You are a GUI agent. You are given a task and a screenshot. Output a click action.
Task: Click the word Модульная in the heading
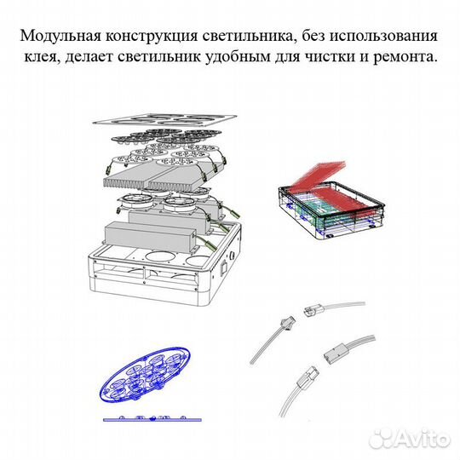(60, 36)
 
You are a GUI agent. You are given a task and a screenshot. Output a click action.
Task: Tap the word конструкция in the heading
(151, 37)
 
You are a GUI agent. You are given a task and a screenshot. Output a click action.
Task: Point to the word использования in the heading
(383, 36)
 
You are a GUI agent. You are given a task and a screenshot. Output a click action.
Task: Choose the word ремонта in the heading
(404, 57)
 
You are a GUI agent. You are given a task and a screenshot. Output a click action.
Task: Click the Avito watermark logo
(410, 439)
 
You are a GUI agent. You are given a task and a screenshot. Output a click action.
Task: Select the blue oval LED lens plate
(145, 374)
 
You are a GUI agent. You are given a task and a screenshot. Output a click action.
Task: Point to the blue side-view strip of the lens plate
(152, 419)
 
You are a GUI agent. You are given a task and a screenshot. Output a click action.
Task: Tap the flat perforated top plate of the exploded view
(164, 120)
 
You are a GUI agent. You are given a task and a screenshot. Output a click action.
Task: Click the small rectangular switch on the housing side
(224, 267)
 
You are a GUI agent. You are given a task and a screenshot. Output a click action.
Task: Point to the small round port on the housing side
(233, 255)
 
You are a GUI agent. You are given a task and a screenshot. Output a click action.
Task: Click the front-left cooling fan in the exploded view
(136, 203)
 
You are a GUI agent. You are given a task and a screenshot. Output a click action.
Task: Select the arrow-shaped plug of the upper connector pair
(287, 322)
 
